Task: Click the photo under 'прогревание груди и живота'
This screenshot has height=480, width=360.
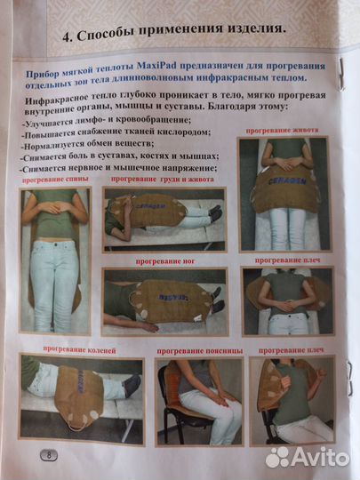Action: [x=164, y=219]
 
